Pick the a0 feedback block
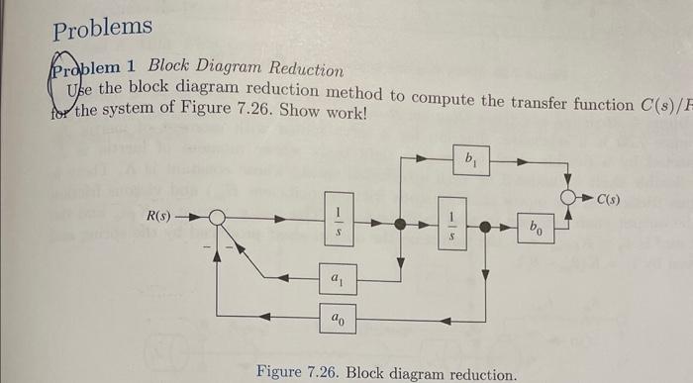[338, 319]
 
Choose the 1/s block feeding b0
[452, 227]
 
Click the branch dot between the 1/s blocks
[400, 225]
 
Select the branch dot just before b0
[486, 226]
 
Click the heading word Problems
[102, 28]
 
